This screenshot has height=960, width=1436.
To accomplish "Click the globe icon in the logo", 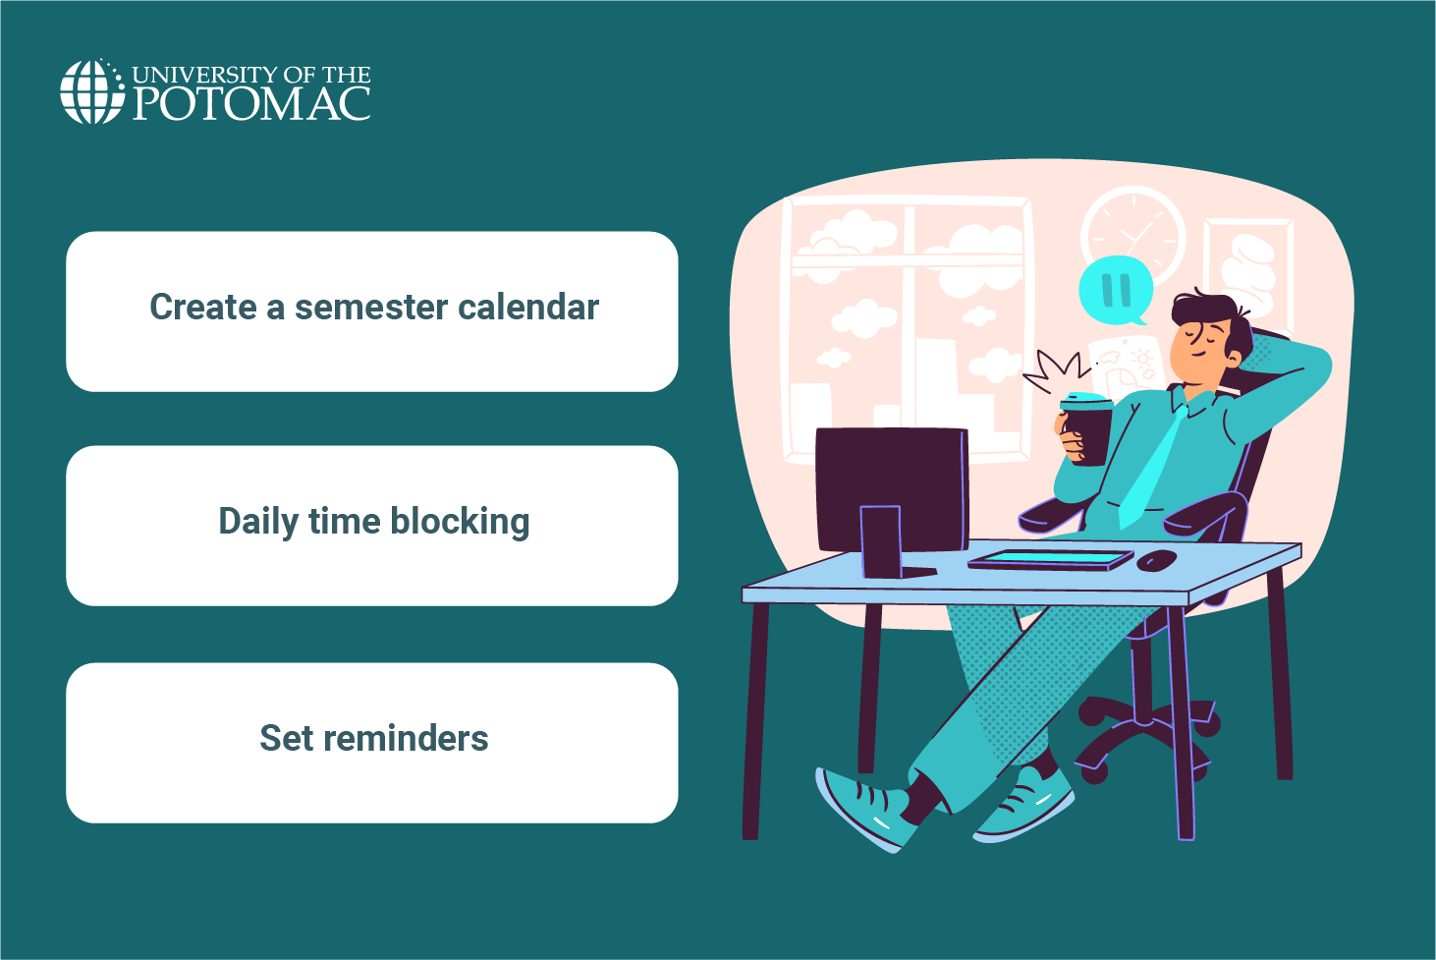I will [x=92, y=91].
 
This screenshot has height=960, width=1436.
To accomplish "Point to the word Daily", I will [x=258, y=522].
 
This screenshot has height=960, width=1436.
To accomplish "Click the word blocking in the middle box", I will [x=460, y=522].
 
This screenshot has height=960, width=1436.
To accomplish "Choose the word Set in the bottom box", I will [x=285, y=738].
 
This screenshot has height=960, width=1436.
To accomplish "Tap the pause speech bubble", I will [x=1116, y=290].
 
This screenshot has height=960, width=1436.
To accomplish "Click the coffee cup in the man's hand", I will [x=1087, y=426].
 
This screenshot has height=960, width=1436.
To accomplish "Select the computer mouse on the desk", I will [x=1157, y=560].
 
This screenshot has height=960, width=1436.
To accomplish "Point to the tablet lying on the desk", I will [x=1050, y=560].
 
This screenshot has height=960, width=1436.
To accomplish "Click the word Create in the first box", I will [x=203, y=308].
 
